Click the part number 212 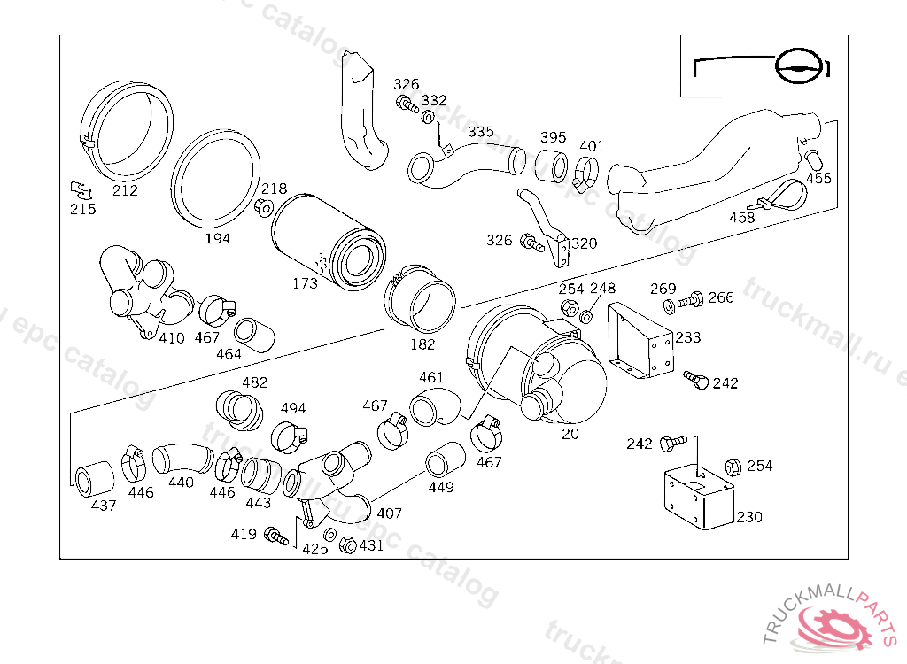coord(126,190)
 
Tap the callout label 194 coord(216,239)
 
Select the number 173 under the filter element coord(306,284)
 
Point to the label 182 coord(422,344)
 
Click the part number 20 coord(570,434)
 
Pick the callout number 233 coord(688,337)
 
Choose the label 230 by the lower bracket coord(749,517)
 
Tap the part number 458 coord(741,218)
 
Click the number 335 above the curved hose coord(481,132)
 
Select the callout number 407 coord(390,513)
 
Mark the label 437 coord(104,506)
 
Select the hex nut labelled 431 coord(348,545)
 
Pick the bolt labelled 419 coord(277,536)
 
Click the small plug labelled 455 coord(813,159)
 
